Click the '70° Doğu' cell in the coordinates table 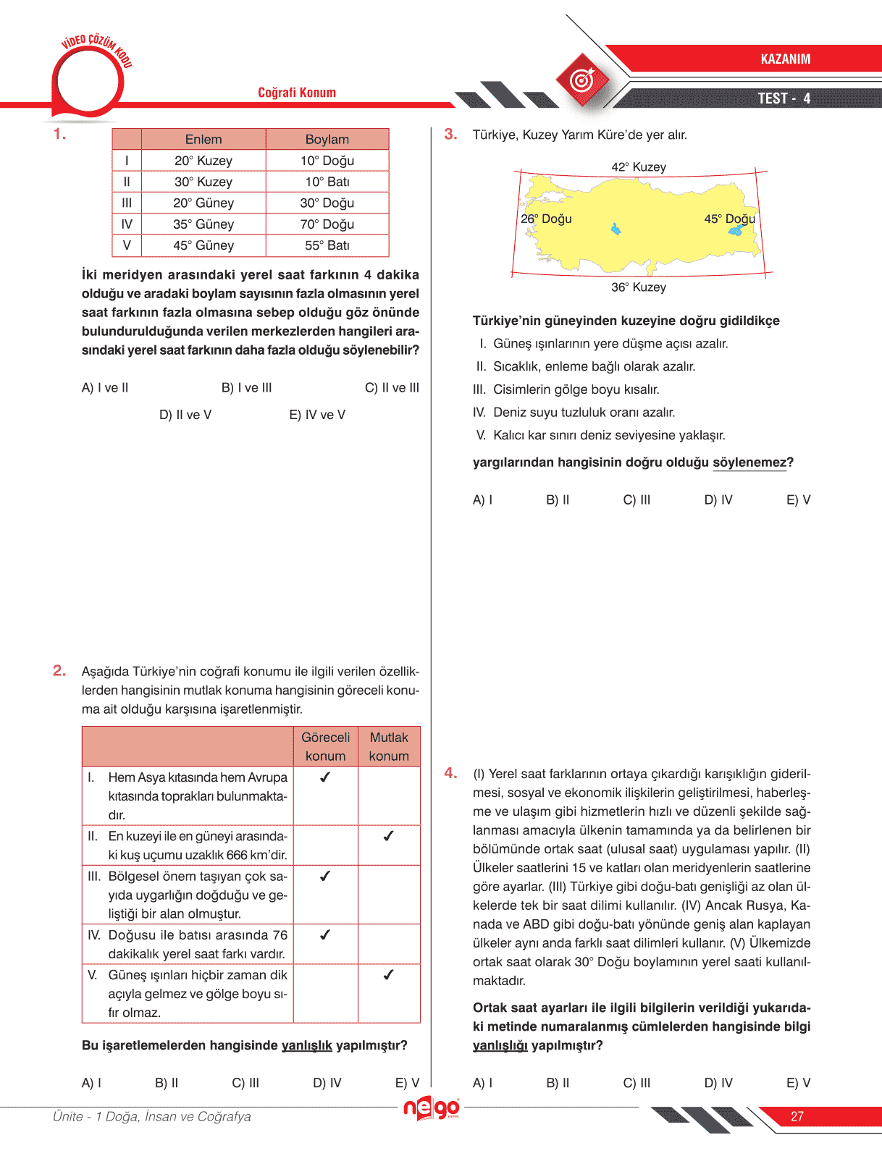pyautogui.click(x=327, y=224)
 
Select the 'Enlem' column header pyautogui.click(x=203, y=139)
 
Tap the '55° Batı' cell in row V pyautogui.click(x=327, y=245)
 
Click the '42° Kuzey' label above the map pyautogui.click(x=638, y=167)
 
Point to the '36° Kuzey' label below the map pyautogui.click(x=638, y=287)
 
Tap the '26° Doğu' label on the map pyautogui.click(x=546, y=219)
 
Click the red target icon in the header pyautogui.click(x=583, y=80)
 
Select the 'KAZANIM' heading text pyautogui.click(x=785, y=59)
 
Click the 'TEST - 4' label pyautogui.click(x=784, y=98)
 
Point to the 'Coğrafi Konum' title pyautogui.click(x=297, y=93)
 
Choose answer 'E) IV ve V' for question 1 pyautogui.click(x=317, y=415)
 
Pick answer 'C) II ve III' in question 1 pyautogui.click(x=392, y=388)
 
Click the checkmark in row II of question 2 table pyautogui.click(x=388, y=836)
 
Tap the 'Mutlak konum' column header pyautogui.click(x=389, y=746)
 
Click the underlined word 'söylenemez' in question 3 pyautogui.click(x=749, y=463)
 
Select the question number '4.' pyautogui.click(x=450, y=773)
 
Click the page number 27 pyautogui.click(x=797, y=1116)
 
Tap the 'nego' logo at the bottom pyautogui.click(x=432, y=1107)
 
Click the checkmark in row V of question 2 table pyautogui.click(x=388, y=975)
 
